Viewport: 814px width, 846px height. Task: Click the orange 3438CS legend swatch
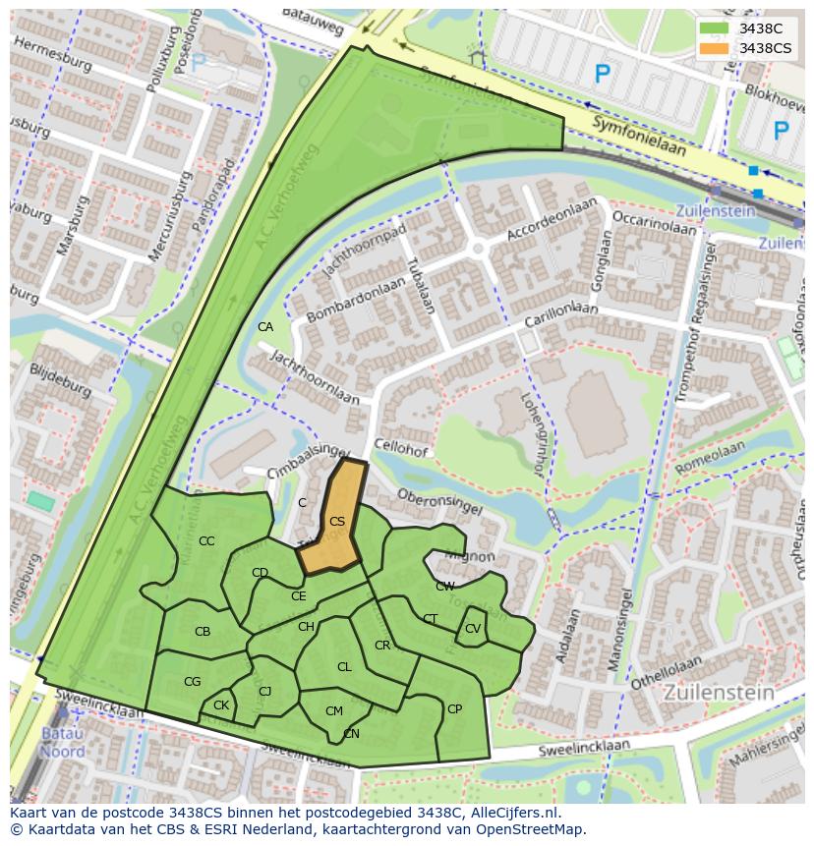click(x=715, y=48)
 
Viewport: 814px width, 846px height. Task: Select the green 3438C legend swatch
click(x=715, y=28)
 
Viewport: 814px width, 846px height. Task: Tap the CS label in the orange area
click(x=336, y=522)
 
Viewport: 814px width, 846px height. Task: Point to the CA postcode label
click(x=265, y=327)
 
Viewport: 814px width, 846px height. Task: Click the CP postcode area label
click(x=454, y=709)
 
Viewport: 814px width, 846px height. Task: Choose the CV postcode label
click(x=473, y=629)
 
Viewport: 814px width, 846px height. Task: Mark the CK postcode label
click(x=221, y=705)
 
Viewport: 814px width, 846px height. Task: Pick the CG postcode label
click(x=192, y=682)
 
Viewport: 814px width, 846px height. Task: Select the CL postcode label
click(x=344, y=667)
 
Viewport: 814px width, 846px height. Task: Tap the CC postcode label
click(x=206, y=541)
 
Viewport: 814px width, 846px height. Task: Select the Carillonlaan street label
click(x=559, y=316)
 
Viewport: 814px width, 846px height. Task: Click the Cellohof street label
click(x=400, y=450)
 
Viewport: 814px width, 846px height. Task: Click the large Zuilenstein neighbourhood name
click(x=719, y=693)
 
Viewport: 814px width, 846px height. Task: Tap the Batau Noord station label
click(x=62, y=743)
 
